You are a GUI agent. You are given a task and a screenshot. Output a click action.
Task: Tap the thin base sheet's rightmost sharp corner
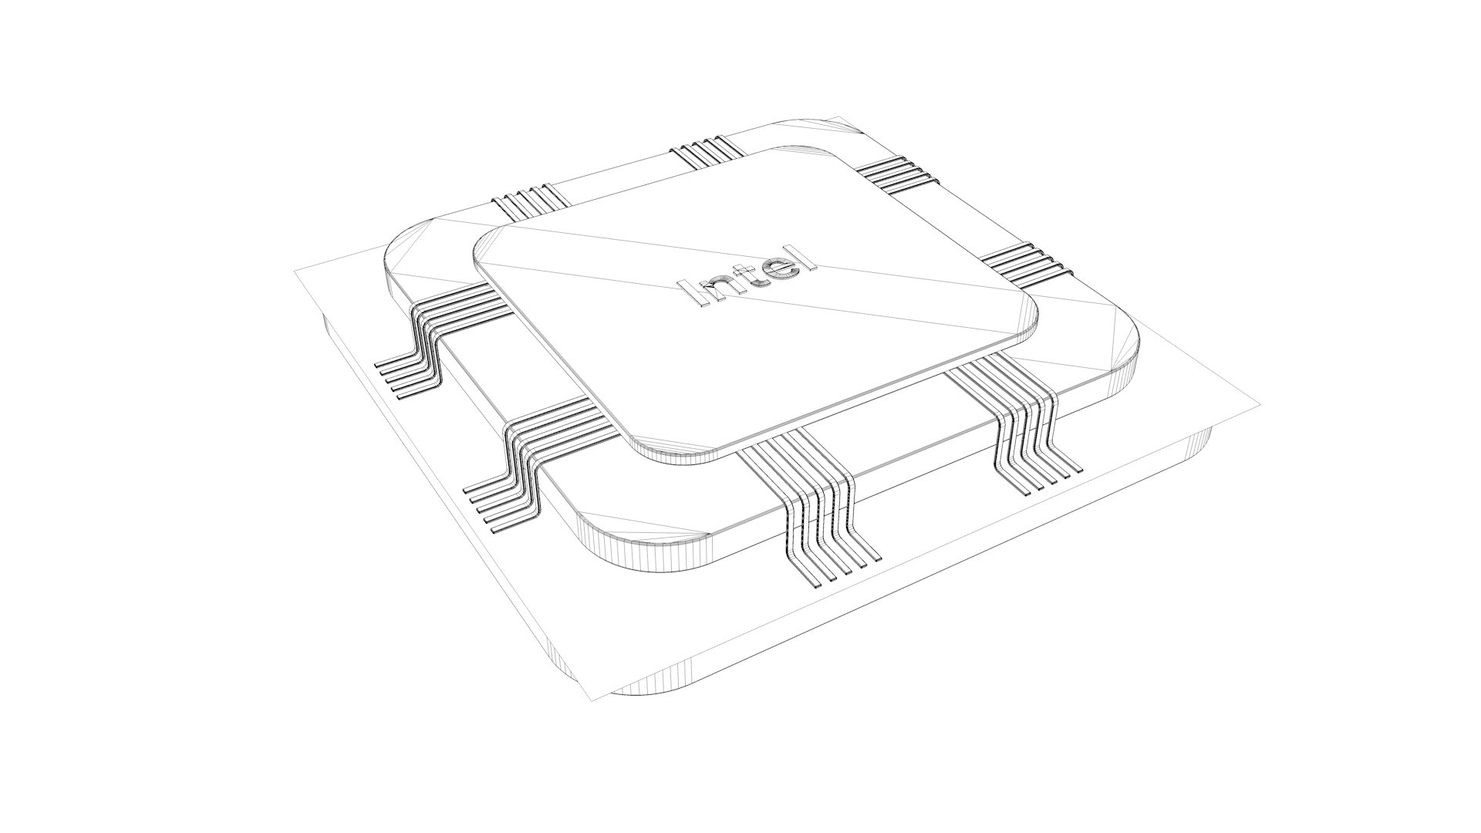[1260, 404]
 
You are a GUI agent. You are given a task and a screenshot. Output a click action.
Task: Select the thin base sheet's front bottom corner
[594, 700]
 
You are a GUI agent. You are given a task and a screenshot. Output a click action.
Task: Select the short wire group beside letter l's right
[1026, 262]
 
